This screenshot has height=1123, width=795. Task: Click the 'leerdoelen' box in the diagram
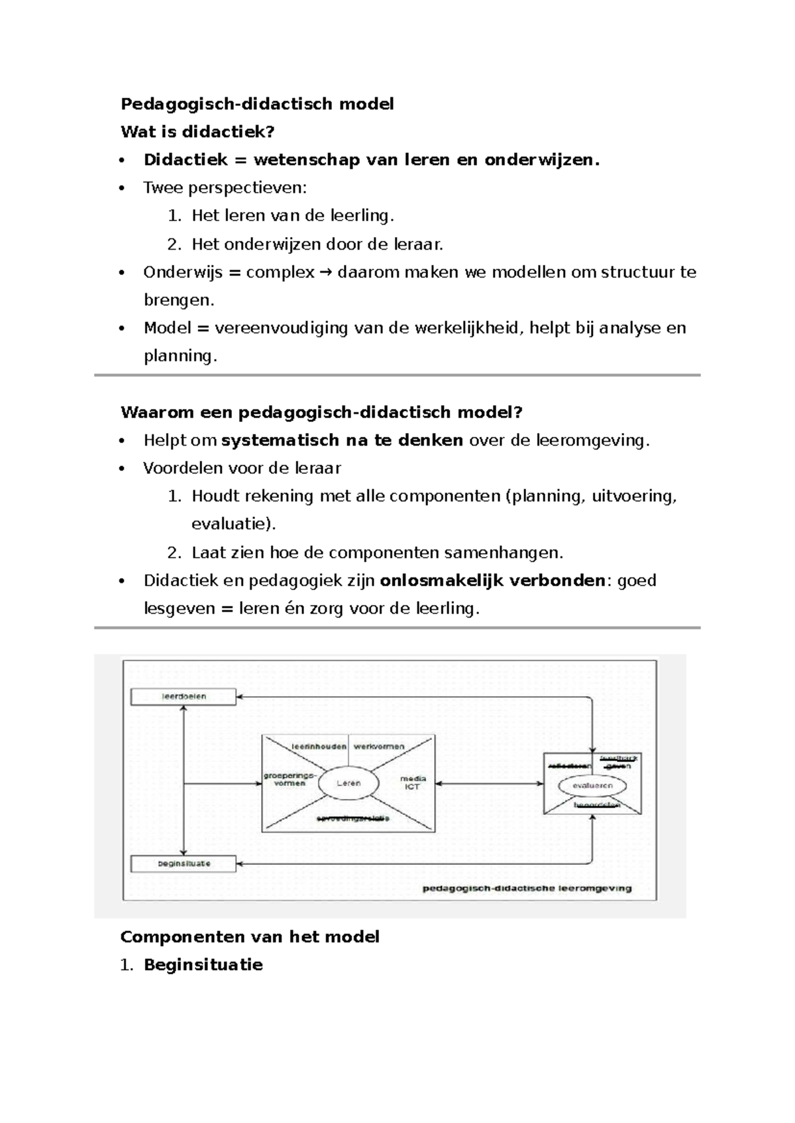point(184,697)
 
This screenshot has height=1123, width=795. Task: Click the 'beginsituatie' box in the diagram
point(184,863)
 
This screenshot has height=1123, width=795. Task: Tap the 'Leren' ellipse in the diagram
point(348,783)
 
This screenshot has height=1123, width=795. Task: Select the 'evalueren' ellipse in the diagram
point(593,786)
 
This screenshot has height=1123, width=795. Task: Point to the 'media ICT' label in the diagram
point(412,783)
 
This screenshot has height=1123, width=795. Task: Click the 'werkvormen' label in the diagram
point(379,746)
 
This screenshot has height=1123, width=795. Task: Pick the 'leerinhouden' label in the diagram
point(319,746)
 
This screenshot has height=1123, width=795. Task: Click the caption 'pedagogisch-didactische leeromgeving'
point(527,889)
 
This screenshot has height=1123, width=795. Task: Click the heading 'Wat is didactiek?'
point(197,132)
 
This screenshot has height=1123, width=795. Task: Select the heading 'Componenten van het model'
point(250,937)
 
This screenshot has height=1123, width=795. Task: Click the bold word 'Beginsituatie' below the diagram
point(203,965)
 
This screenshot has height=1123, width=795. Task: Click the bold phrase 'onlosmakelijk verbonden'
point(492,581)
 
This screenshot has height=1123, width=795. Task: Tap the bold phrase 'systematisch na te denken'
point(342,440)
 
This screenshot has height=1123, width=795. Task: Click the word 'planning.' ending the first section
point(180,356)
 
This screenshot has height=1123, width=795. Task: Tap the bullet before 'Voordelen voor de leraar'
point(121,469)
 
